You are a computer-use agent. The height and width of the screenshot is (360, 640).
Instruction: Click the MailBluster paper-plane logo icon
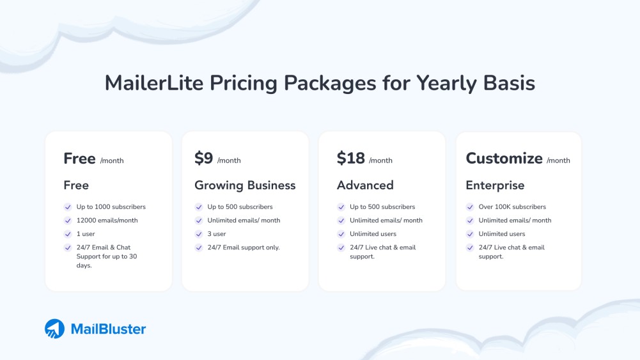click(x=54, y=329)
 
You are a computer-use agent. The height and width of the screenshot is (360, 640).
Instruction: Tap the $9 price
click(x=203, y=159)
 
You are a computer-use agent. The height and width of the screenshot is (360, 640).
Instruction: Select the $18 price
click(x=350, y=159)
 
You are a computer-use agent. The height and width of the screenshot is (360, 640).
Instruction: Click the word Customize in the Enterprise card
click(x=504, y=159)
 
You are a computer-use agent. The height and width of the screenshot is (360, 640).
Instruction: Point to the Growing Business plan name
click(x=245, y=185)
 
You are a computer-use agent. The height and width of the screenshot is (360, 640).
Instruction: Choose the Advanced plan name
click(x=365, y=185)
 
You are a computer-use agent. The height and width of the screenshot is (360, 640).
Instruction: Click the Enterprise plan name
click(x=495, y=185)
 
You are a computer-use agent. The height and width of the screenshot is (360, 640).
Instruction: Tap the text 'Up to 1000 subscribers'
click(x=111, y=207)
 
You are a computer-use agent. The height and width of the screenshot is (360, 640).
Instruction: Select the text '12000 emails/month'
click(x=107, y=221)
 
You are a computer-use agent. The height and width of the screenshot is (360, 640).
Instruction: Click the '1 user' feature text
click(x=86, y=234)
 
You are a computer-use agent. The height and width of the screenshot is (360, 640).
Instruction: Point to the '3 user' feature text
click(x=217, y=234)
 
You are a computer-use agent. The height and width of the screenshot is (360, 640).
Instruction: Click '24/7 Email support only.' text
click(x=244, y=247)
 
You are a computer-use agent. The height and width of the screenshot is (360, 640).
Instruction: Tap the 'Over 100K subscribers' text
click(x=512, y=207)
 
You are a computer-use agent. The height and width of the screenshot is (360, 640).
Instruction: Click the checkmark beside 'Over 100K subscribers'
click(x=469, y=207)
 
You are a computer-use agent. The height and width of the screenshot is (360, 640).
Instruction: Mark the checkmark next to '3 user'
click(x=198, y=234)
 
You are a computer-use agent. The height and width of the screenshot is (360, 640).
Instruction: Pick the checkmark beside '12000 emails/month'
click(x=68, y=221)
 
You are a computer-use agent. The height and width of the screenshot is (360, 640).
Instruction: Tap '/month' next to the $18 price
click(x=380, y=160)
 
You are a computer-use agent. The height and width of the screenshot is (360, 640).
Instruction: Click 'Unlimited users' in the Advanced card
click(x=373, y=234)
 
